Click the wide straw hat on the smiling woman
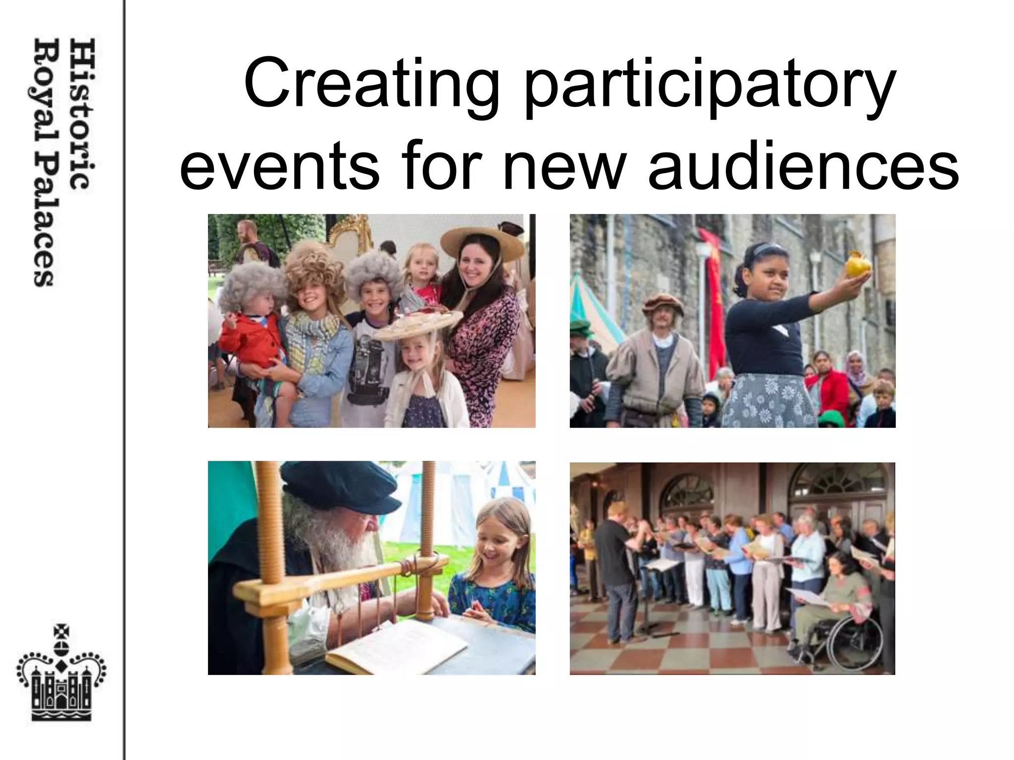(x=482, y=240)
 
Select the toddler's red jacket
(x=250, y=341)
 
